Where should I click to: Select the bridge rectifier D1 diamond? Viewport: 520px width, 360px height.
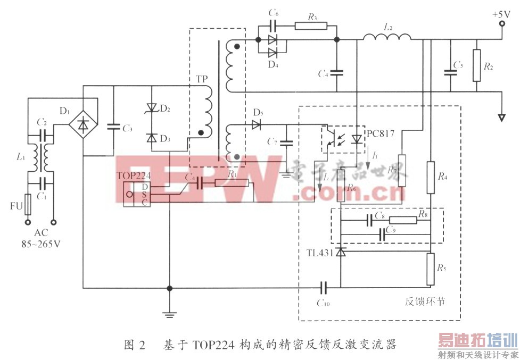84,124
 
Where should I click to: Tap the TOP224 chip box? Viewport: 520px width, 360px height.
137,195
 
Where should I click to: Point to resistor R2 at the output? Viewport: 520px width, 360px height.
476,65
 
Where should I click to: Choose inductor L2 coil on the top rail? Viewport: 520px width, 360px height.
387,37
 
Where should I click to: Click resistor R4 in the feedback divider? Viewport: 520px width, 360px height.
430,178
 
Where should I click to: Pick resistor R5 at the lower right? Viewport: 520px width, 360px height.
430,269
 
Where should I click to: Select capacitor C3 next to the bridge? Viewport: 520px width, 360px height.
113,127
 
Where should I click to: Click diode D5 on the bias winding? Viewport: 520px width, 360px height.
257,125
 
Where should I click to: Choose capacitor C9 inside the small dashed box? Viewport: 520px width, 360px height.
382,233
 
